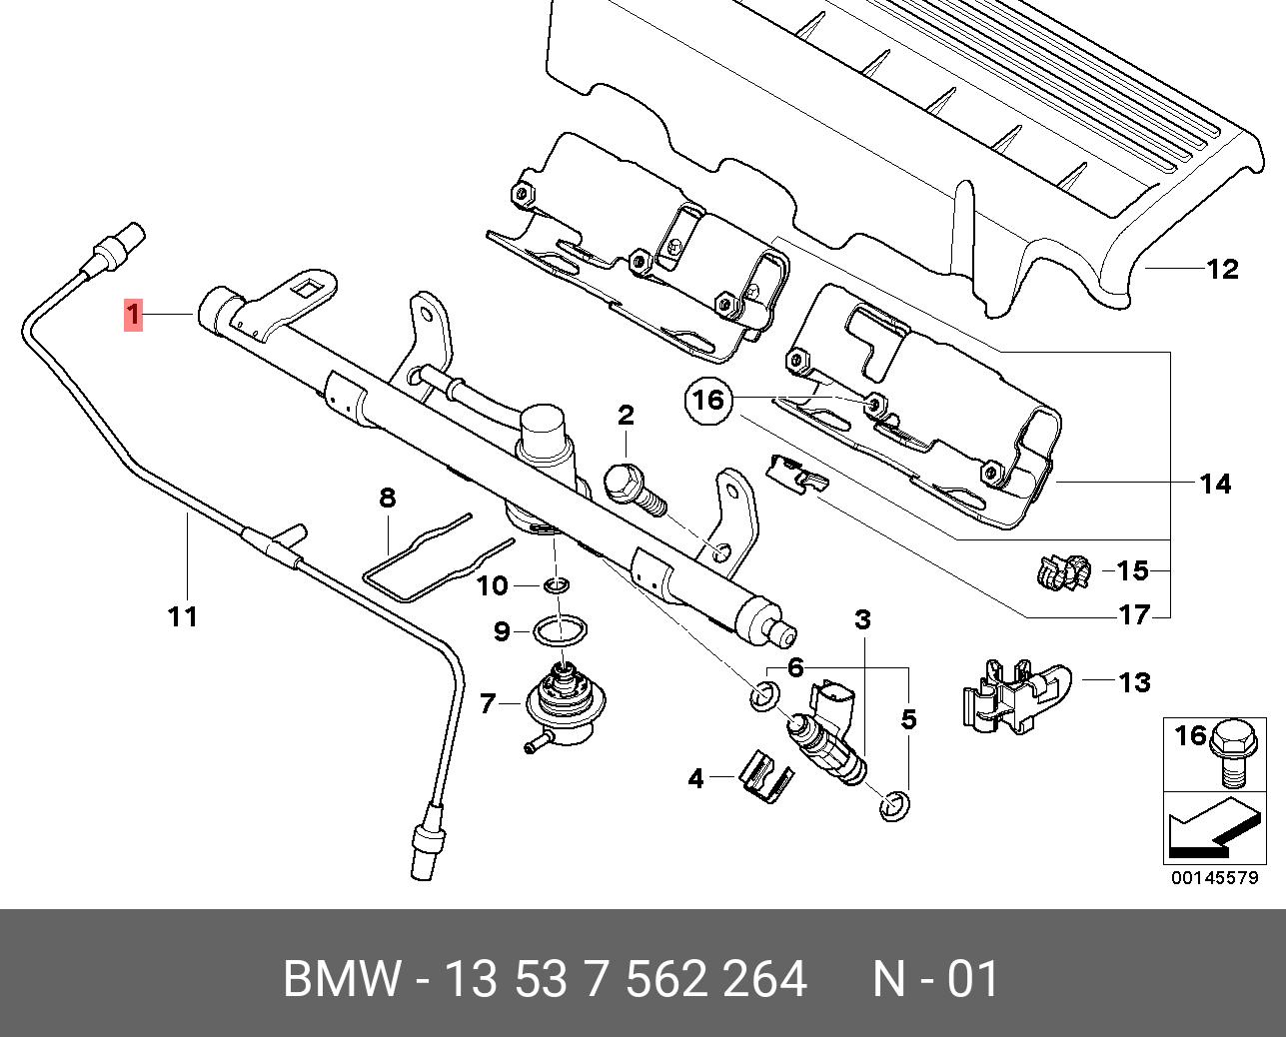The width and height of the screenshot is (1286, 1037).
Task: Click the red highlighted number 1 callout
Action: pos(133,315)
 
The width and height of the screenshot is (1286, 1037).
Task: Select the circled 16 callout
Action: pos(709,401)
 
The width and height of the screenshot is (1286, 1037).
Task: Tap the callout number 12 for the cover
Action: pos(1223,270)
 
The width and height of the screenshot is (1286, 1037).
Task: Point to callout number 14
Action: pos(1215,484)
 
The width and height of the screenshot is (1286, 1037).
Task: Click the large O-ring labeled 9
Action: pos(560,630)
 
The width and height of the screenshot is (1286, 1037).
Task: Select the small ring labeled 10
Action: pos(557,585)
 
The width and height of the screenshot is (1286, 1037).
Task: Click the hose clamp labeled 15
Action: pos(1061,572)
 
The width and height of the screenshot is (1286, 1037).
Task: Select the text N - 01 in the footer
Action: pos(936,978)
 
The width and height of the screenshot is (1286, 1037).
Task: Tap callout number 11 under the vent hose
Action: pos(183,616)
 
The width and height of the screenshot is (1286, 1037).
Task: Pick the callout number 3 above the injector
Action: pos(862,620)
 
